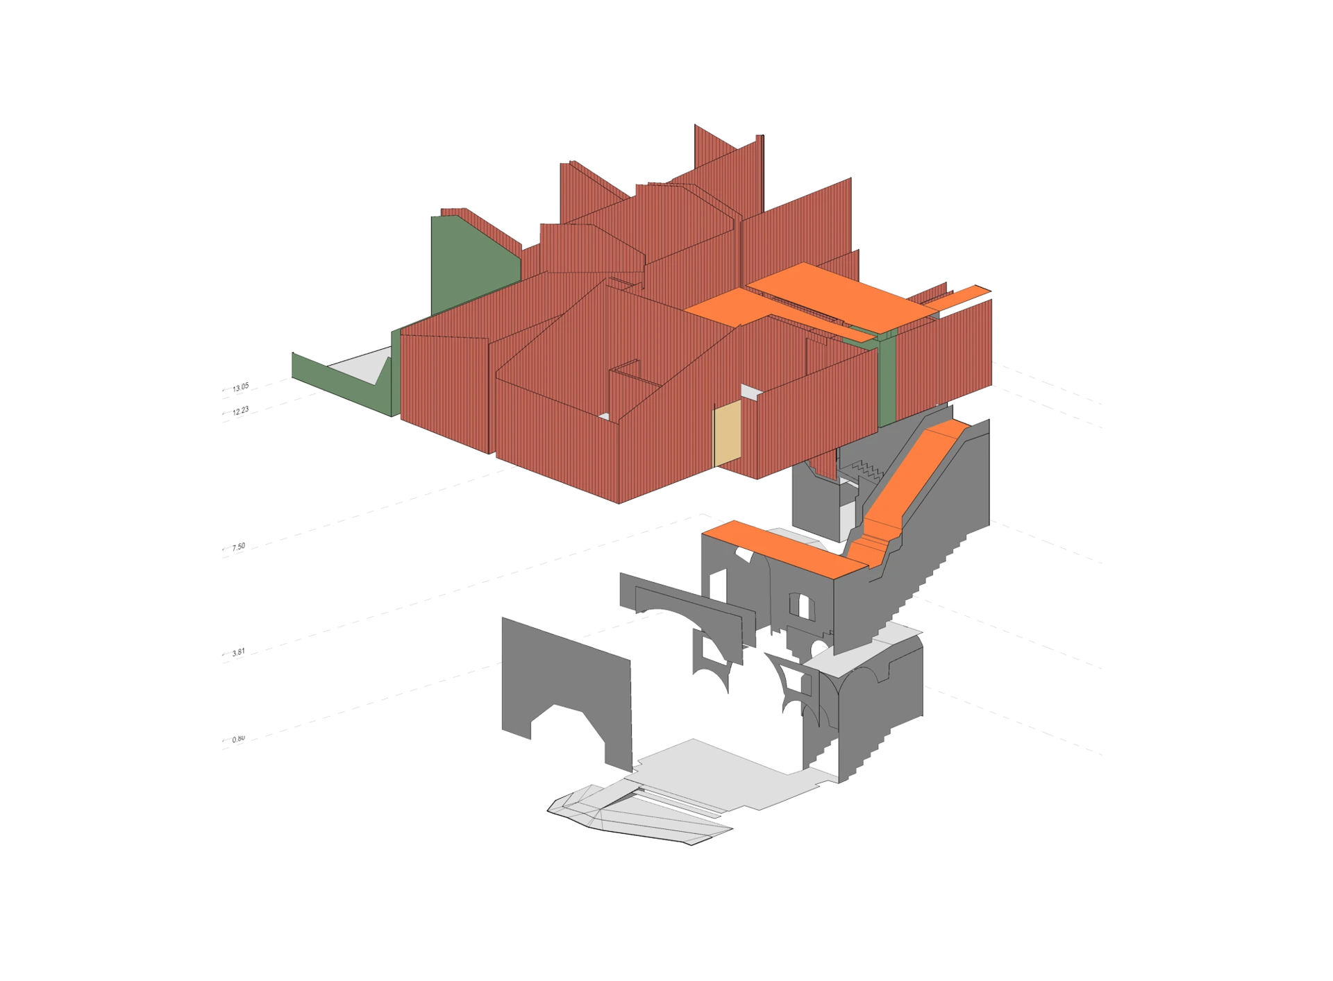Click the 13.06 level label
click(240, 389)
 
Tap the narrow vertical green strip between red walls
click(886, 378)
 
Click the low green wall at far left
click(340, 382)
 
